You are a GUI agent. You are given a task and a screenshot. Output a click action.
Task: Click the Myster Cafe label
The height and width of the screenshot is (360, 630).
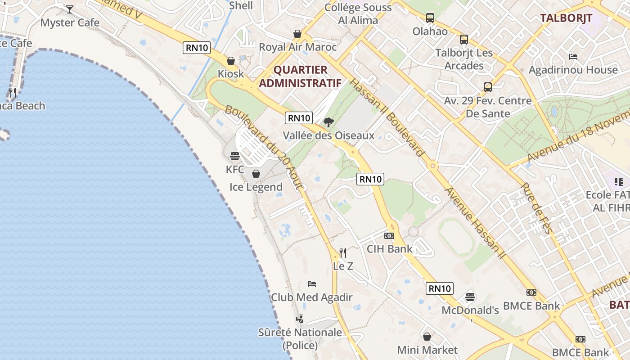tap(70, 22)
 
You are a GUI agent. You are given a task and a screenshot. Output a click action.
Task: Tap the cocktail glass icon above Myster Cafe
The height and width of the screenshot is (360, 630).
tap(70, 9)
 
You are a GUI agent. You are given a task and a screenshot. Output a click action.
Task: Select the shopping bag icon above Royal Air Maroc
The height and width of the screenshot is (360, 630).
tap(297, 34)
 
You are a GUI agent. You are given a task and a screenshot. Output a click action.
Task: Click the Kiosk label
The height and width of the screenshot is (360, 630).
tap(231, 74)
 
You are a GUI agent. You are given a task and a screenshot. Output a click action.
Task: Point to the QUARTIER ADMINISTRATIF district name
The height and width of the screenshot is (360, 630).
tap(300, 76)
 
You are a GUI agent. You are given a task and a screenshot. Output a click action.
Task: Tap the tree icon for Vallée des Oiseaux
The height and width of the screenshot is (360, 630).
tap(329, 122)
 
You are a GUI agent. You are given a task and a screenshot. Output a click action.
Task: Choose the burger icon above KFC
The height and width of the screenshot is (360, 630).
tap(235, 156)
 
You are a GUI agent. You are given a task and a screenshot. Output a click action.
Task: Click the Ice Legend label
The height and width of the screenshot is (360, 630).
tap(256, 187)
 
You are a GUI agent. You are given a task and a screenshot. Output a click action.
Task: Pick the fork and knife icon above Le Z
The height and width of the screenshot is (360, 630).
tap(343, 252)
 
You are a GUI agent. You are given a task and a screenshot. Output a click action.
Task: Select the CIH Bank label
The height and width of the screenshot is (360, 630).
tap(390, 249)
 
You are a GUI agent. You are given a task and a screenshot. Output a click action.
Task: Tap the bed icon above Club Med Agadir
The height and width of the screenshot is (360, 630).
tap(312, 284)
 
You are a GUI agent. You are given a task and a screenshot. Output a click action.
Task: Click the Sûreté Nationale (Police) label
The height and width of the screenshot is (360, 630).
tap(300, 339)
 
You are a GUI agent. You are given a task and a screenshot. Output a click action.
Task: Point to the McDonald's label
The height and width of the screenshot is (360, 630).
tap(470, 310)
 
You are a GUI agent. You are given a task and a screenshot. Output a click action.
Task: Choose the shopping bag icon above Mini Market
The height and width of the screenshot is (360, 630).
tap(427, 336)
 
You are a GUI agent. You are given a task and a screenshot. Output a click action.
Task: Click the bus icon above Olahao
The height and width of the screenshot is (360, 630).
tap(430, 18)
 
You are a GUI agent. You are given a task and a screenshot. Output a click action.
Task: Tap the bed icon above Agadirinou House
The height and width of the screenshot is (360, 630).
tap(573, 57)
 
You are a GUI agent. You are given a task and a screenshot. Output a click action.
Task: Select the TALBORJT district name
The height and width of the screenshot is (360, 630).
tap(566, 18)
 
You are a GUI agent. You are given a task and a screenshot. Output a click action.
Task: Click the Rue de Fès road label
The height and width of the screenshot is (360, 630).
tap(536, 208)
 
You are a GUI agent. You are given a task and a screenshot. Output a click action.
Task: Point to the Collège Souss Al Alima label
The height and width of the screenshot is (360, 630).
tap(358, 14)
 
